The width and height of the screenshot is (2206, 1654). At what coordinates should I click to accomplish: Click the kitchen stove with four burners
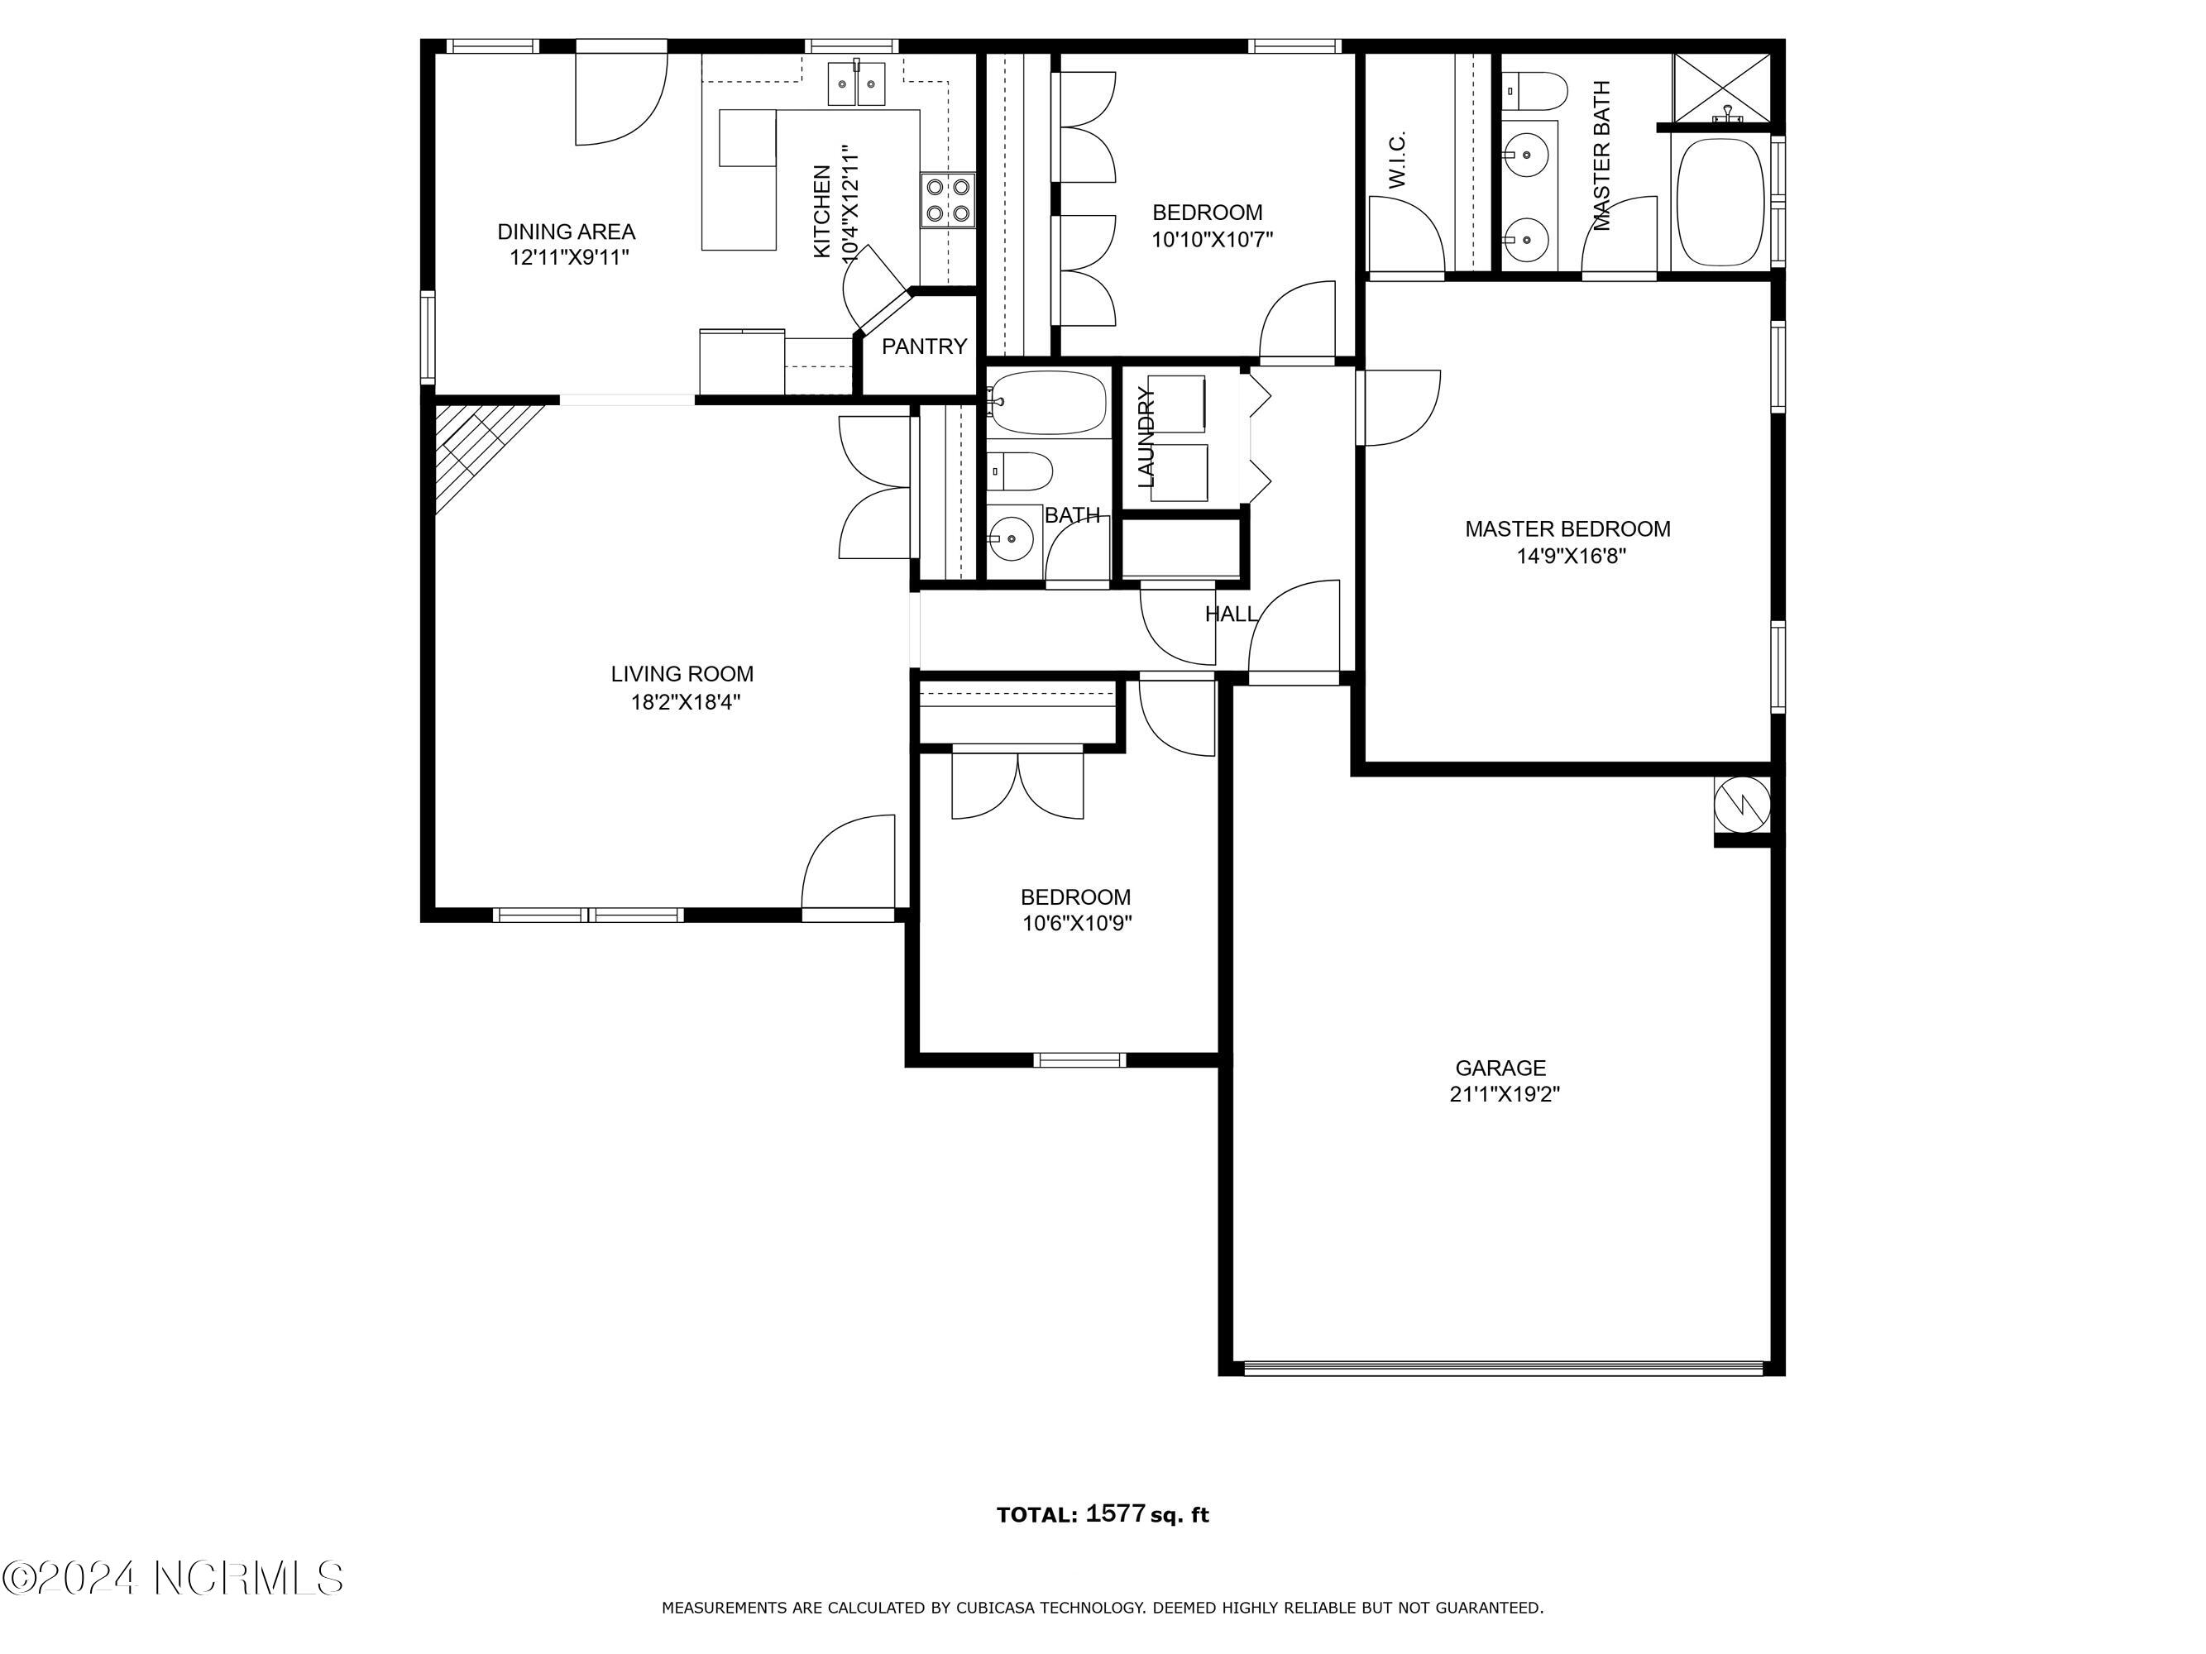click(947, 199)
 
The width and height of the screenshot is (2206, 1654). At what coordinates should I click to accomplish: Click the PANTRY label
click(923, 346)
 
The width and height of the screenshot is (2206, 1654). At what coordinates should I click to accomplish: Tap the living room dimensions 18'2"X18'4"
click(685, 703)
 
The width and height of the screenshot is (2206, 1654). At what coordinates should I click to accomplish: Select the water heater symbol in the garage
click(1741, 805)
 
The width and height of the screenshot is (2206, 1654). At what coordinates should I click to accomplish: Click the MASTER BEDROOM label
click(1567, 529)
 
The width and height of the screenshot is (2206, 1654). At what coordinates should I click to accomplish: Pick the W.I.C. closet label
click(1397, 160)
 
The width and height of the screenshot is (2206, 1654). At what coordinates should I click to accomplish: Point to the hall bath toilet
click(1019, 471)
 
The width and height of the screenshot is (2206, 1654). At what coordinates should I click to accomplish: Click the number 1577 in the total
click(1114, 1513)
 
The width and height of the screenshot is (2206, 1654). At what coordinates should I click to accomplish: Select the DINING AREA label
click(566, 232)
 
